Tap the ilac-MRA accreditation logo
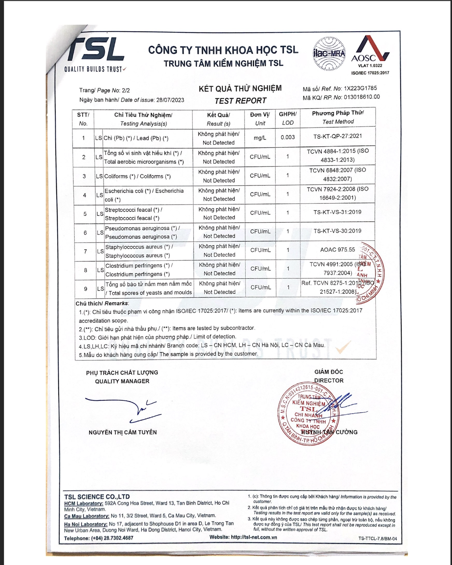pyautogui.click(x=329, y=54)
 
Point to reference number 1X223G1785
pyautogui.click(x=360, y=88)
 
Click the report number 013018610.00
pyautogui.click(x=362, y=97)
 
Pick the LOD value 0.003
pyautogui.click(x=288, y=137)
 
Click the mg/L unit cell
pyautogui.click(x=260, y=138)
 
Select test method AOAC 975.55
pyautogui.click(x=337, y=250)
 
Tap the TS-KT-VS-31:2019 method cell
pyautogui.click(x=337, y=212)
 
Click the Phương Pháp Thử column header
pyautogui.click(x=338, y=117)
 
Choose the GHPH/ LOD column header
pyautogui.click(x=288, y=118)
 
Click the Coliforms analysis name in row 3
pyautogui.click(x=137, y=176)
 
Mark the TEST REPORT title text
pyautogui.click(x=240, y=101)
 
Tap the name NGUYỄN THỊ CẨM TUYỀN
pyautogui.click(x=123, y=432)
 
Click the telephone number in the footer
pyautogui.click(x=112, y=538)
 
